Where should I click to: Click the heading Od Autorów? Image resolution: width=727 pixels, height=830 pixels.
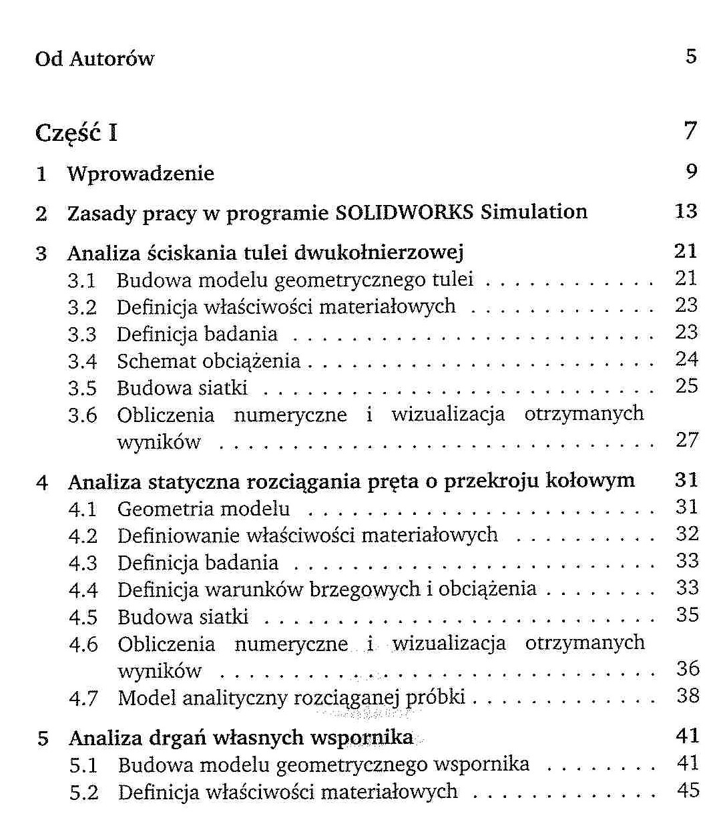94,59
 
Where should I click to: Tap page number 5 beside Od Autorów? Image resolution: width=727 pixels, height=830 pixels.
691,56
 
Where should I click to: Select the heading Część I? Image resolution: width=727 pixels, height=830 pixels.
76,133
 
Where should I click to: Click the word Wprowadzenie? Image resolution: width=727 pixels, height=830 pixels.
141,174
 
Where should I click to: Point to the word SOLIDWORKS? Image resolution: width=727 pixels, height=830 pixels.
405,212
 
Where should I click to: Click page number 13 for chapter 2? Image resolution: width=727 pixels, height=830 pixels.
686,212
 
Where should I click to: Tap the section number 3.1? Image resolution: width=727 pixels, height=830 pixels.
81,280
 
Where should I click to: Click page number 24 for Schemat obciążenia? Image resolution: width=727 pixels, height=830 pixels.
686,359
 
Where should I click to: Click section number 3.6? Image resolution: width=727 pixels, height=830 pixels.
82,415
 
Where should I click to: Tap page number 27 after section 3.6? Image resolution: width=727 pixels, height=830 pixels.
686,440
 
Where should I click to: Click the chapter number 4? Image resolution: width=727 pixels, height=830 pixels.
42,482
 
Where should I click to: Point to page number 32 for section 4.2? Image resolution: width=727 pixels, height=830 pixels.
687,534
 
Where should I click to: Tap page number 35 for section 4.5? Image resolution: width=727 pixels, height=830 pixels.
687,615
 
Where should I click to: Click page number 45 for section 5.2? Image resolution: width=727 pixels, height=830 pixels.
688,791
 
